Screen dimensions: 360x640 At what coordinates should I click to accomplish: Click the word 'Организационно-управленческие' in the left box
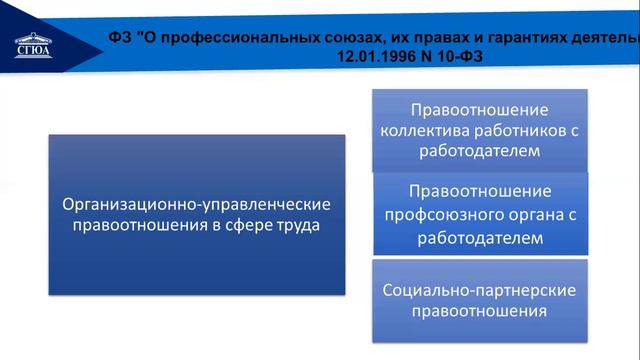click(196, 204)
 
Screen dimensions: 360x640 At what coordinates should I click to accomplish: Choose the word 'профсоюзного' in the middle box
click(438, 214)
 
